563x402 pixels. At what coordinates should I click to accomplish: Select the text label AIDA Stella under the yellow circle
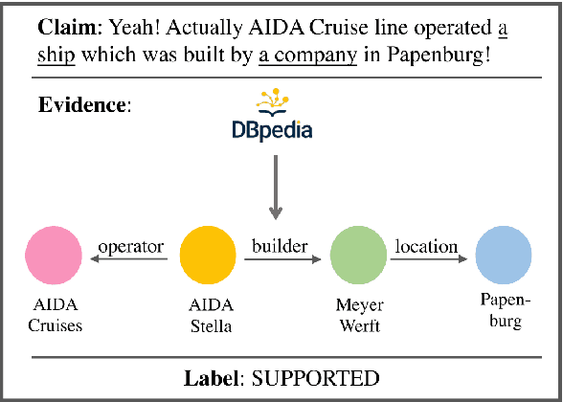click(208, 315)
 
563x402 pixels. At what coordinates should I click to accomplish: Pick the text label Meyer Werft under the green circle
click(358, 315)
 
